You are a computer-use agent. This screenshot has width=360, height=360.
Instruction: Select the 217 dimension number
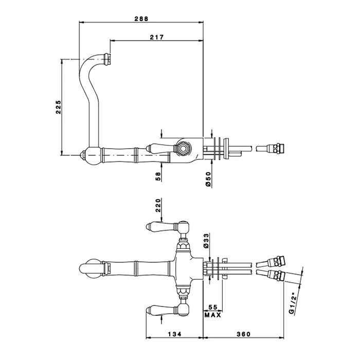(157, 37)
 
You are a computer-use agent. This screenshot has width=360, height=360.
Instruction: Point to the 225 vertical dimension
(58, 107)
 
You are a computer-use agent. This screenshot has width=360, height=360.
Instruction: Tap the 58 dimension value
(158, 176)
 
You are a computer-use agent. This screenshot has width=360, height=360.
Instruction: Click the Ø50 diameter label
(208, 178)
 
